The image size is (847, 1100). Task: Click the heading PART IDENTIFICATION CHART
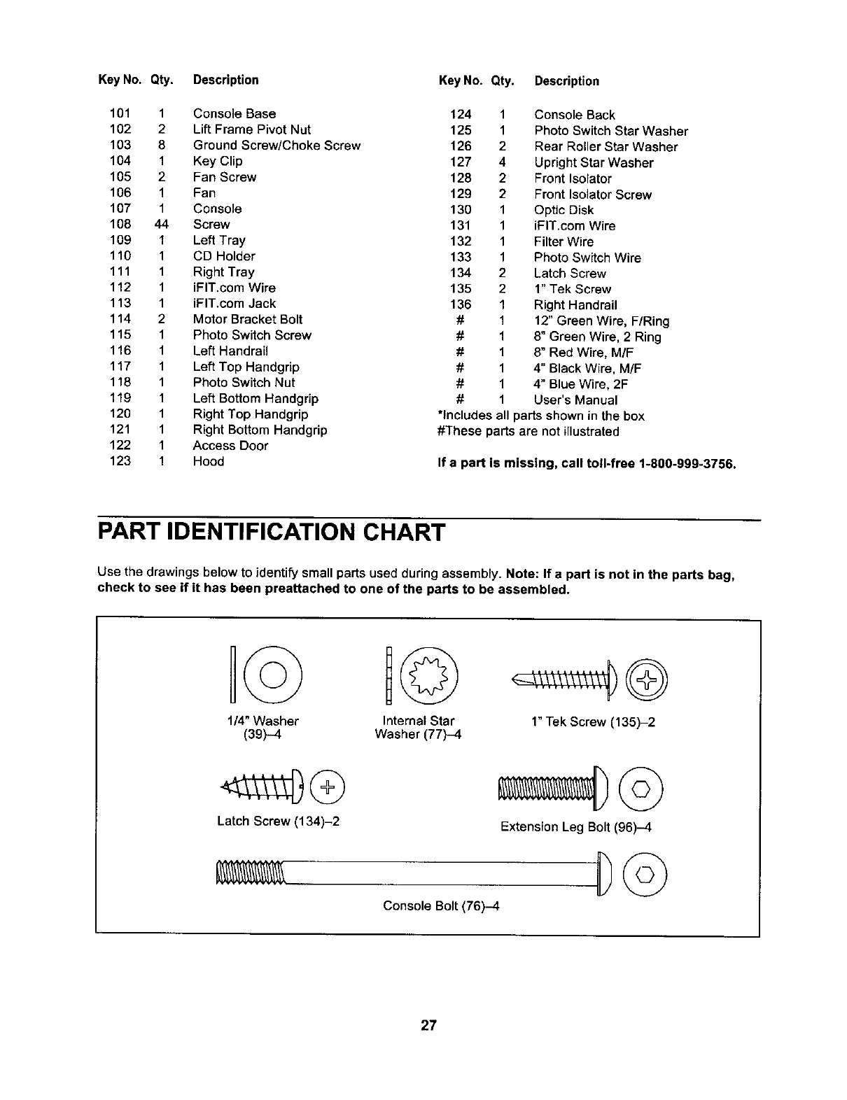[270, 533]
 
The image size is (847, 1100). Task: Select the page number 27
[428, 1025]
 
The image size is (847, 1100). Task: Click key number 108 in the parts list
[120, 225]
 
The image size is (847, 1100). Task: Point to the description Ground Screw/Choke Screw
[276, 146]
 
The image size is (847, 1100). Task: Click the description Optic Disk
[563, 210]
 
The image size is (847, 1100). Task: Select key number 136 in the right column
[461, 304]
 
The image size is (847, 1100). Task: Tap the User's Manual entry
[575, 400]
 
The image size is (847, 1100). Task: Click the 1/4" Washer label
[262, 721]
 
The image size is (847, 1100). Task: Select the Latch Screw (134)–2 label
[278, 821]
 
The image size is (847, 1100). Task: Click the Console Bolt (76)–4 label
[441, 906]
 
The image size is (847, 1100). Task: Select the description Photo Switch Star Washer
[610, 131]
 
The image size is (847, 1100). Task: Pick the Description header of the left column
[225, 80]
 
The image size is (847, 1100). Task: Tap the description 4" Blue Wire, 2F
[580, 384]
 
